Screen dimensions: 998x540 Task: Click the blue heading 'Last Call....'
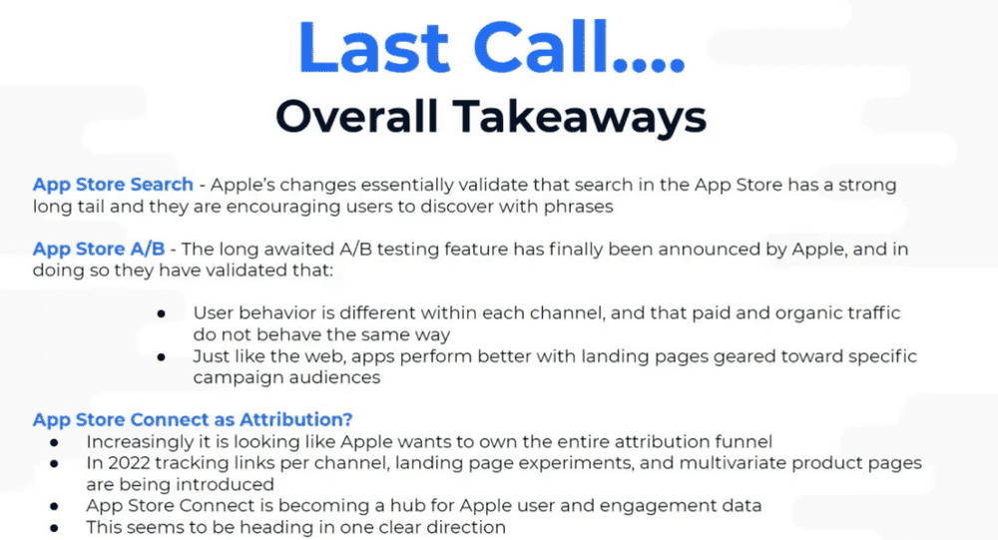[491, 48]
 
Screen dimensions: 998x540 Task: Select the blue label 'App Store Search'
[113, 185]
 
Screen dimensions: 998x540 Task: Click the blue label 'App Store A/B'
[99, 249]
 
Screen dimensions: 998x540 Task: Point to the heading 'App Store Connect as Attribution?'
[193, 419]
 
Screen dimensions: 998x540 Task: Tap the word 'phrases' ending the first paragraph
[579, 207]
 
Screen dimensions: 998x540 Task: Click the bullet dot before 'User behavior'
[162, 314]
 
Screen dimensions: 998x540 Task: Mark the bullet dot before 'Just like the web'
[162, 357]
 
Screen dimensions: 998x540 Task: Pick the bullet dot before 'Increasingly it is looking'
[54, 442]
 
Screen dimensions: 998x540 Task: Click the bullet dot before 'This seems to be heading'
[54, 528]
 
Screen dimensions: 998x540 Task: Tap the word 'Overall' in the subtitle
[357, 117]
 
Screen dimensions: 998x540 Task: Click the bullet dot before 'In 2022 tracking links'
[54, 464]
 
